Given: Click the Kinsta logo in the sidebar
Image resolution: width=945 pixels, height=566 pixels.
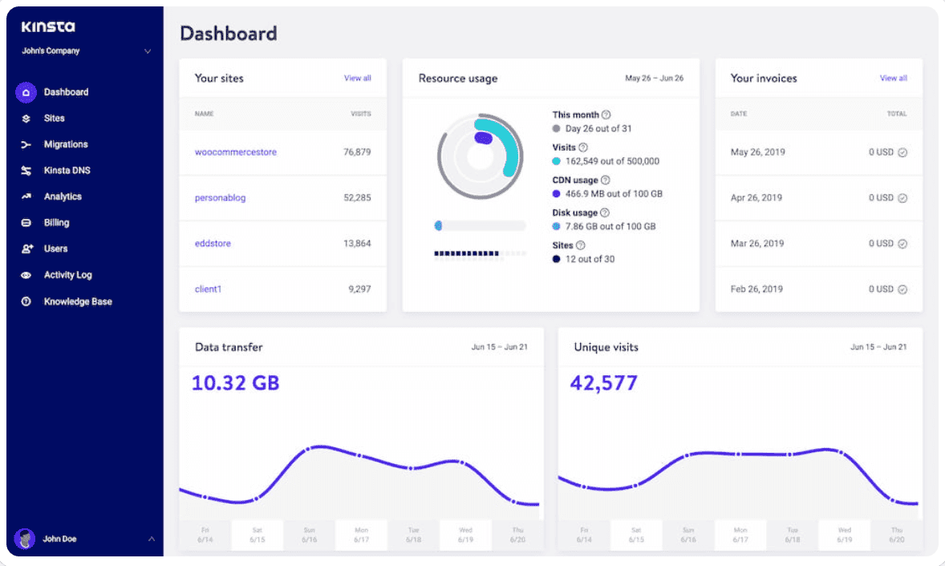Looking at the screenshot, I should pyautogui.click(x=48, y=26).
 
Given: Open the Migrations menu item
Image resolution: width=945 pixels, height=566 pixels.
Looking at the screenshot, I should pyautogui.click(x=65, y=144).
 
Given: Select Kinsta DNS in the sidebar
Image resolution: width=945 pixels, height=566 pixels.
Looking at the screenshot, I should pyautogui.click(x=67, y=171).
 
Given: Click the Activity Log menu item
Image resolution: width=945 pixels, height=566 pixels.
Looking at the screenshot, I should pyautogui.click(x=67, y=275).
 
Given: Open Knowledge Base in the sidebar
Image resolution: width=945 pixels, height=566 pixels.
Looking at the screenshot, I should pyautogui.click(x=77, y=301).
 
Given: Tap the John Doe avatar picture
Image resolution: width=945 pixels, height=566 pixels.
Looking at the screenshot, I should pyautogui.click(x=26, y=539).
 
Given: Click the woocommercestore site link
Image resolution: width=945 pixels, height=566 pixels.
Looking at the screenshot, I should pyautogui.click(x=235, y=152).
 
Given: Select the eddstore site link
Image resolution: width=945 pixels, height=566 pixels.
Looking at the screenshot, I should pyautogui.click(x=213, y=243).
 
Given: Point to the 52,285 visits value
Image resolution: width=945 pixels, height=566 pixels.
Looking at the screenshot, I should pyautogui.click(x=357, y=197).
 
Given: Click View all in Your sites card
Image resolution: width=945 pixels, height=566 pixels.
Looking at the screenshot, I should pyautogui.click(x=357, y=79).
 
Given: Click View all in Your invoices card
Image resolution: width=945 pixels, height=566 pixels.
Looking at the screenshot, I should pyautogui.click(x=893, y=79).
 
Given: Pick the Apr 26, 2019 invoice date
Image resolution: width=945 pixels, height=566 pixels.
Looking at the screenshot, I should pyautogui.click(x=757, y=197).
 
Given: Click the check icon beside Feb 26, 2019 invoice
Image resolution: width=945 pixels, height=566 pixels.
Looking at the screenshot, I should pyautogui.click(x=902, y=289).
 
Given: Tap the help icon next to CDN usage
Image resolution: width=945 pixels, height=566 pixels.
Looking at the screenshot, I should pyautogui.click(x=606, y=180).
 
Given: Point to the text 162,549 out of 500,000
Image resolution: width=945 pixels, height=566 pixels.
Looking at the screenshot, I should pyautogui.click(x=612, y=161).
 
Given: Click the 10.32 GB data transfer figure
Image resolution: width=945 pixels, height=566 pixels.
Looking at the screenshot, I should pyautogui.click(x=235, y=382).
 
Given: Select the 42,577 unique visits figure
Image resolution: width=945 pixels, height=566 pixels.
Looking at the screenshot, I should pyautogui.click(x=603, y=382).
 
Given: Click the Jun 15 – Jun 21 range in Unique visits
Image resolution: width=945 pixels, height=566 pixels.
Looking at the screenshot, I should pyautogui.click(x=878, y=347).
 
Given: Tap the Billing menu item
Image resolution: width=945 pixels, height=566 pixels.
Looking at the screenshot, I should pyautogui.click(x=56, y=223).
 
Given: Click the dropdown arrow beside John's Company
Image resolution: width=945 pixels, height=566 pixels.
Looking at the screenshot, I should pyautogui.click(x=148, y=51).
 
